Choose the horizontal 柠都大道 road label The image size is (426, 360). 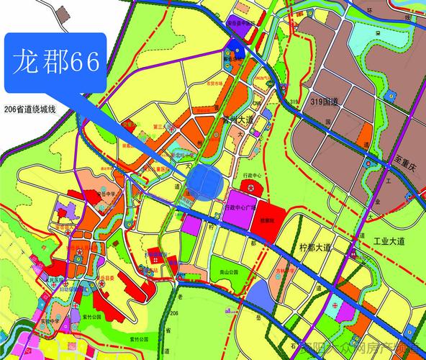(x=314, y=247)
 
